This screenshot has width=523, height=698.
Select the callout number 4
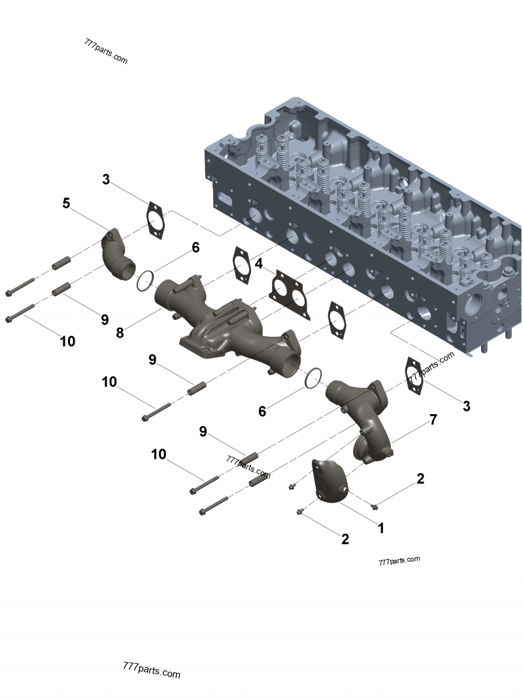(x=260, y=264)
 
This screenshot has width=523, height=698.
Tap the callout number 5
(x=66, y=203)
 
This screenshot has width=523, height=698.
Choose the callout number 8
(x=120, y=332)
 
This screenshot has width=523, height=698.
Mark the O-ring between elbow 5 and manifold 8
(x=145, y=281)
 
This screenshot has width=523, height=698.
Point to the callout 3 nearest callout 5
(x=106, y=179)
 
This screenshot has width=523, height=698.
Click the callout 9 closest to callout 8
(x=104, y=319)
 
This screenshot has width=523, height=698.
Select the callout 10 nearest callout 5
(x=67, y=341)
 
